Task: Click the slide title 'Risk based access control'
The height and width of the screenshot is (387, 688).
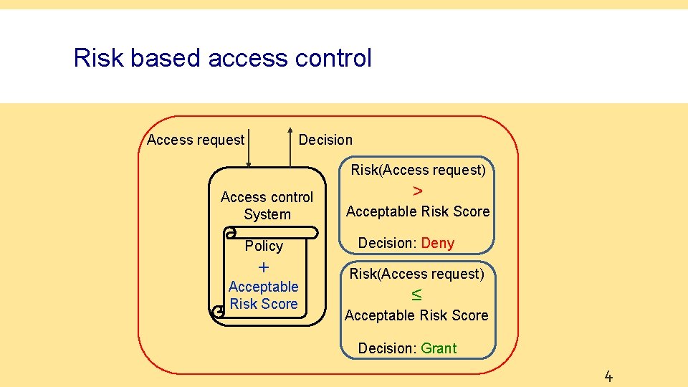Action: click(222, 58)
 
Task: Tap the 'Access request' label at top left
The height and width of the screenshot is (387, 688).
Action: click(196, 140)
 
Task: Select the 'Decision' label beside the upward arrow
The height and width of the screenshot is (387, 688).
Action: click(325, 140)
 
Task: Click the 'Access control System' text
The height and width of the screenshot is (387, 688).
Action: click(267, 206)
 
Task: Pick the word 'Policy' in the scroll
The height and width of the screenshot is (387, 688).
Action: click(264, 246)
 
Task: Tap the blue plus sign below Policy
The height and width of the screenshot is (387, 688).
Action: click(264, 267)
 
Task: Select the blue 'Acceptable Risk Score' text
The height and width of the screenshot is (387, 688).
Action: click(264, 295)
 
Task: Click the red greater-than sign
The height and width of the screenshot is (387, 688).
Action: click(418, 191)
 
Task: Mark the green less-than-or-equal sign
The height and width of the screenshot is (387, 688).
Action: click(416, 295)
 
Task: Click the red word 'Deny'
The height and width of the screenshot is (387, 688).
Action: click(437, 243)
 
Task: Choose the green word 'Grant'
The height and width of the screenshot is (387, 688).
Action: click(439, 348)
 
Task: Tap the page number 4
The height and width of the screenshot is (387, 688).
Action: click(608, 376)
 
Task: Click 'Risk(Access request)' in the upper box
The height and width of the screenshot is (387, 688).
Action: click(418, 170)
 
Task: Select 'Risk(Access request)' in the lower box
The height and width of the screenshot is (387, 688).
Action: click(416, 274)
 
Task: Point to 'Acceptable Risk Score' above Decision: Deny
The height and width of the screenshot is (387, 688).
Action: click(418, 211)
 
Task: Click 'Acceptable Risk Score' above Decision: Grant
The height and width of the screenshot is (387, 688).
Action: click(416, 315)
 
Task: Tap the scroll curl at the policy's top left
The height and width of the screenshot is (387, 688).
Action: click(230, 233)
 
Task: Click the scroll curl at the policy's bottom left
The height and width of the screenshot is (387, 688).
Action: click(218, 311)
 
